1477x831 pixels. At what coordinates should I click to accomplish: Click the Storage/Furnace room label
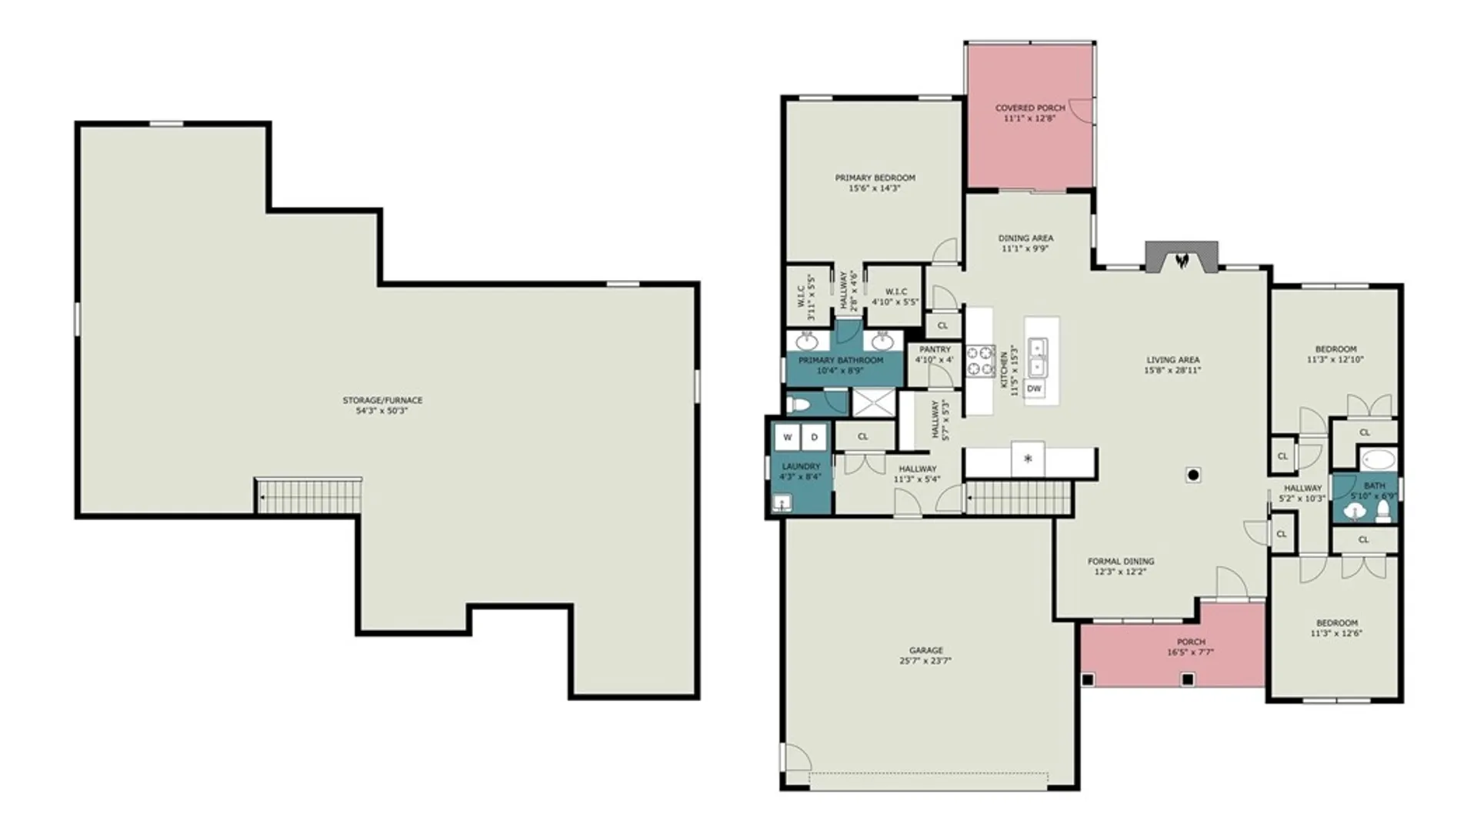382,400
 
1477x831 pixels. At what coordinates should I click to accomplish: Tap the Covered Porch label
1030,108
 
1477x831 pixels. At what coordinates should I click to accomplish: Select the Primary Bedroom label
875,178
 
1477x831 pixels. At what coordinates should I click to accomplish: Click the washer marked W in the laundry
787,437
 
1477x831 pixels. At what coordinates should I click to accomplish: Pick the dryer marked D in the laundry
814,437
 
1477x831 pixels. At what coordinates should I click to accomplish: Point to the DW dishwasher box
1034,389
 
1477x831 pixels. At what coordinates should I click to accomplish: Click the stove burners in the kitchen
981,361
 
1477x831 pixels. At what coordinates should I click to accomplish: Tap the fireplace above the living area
1182,257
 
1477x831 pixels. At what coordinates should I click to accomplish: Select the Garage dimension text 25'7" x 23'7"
925,661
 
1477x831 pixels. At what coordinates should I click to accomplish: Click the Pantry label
935,349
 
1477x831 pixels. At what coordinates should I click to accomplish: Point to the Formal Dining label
1121,562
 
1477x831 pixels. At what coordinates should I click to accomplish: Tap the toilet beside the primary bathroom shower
798,404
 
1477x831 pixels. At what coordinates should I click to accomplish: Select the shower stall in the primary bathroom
873,403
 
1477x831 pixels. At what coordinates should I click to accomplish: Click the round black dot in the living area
1193,475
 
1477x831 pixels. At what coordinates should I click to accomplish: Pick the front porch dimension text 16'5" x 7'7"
1191,652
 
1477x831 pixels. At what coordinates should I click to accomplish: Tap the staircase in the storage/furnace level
308,496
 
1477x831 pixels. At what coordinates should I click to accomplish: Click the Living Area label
1172,359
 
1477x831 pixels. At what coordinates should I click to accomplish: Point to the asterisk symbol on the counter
1028,459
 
